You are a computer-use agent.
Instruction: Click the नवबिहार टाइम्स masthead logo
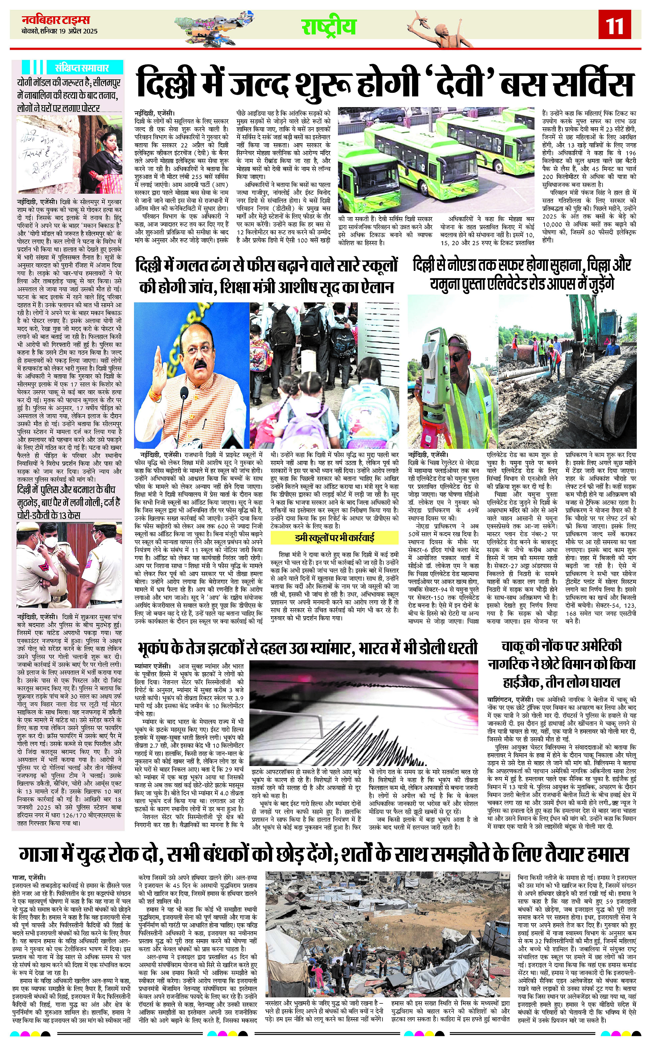tap(56, 20)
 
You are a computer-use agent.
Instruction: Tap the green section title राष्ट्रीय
tap(328, 27)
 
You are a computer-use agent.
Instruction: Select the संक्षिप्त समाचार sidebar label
tap(82, 68)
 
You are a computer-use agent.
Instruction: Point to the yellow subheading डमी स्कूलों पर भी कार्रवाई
tap(335, 537)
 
